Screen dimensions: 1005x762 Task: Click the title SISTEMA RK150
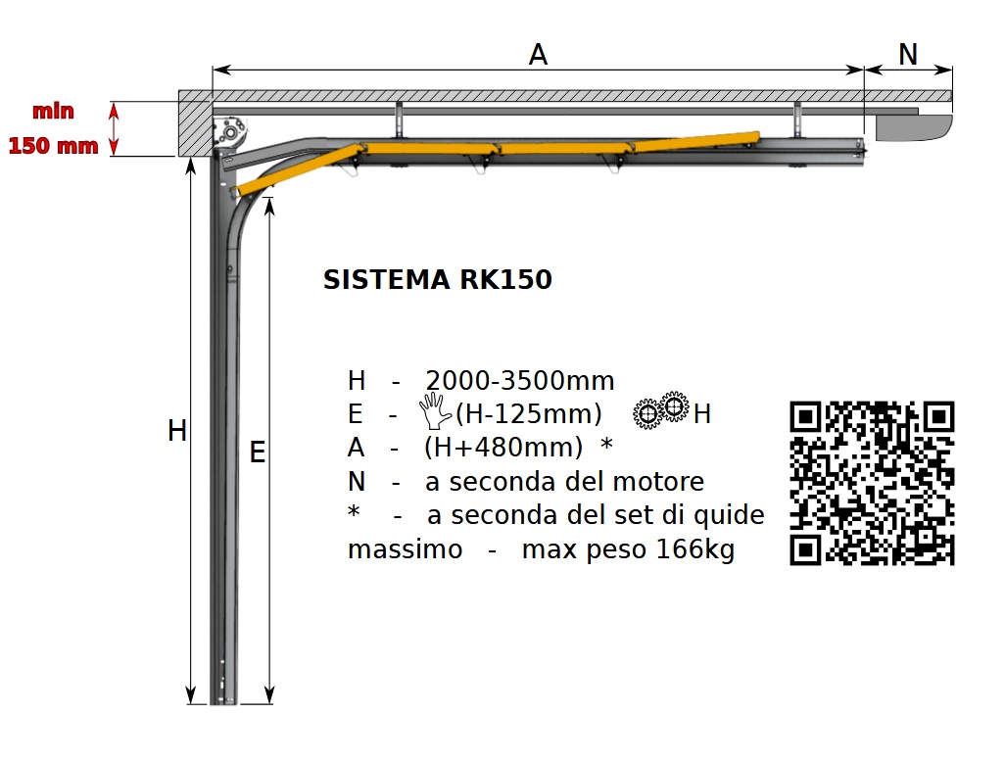(437, 279)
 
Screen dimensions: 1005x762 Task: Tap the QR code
(872, 483)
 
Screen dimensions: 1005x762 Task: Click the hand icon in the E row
(435, 410)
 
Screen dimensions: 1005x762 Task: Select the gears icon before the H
(661, 409)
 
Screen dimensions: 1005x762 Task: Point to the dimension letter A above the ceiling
(538, 55)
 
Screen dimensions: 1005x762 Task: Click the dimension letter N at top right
(908, 55)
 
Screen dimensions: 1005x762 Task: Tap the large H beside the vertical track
(177, 431)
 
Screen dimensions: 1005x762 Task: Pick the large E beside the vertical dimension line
(257, 452)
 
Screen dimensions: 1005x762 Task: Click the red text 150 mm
(53, 146)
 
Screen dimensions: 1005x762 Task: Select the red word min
(53, 111)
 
